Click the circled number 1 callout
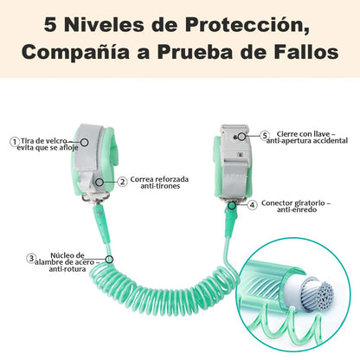(14, 142)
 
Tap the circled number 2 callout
(123, 182)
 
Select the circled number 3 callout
(31, 258)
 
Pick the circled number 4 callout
(253, 205)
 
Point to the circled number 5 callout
(265, 136)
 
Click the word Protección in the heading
(247, 25)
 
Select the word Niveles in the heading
(104, 25)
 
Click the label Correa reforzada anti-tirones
(159, 183)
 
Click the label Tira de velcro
(43, 141)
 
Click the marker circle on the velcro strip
(84, 142)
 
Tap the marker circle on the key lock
(241, 137)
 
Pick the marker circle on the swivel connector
(232, 205)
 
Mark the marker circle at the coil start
(109, 260)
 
